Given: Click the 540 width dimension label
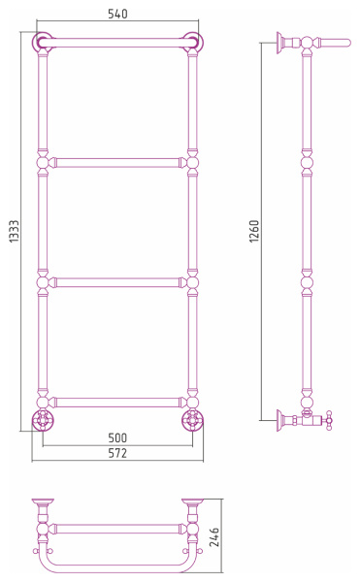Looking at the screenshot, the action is (x=117, y=14).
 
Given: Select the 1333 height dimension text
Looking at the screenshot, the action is (x=14, y=231).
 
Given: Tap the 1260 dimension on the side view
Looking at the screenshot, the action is (x=254, y=231).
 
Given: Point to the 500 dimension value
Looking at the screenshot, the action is (x=117, y=437).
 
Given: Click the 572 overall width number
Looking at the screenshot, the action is (x=117, y=453).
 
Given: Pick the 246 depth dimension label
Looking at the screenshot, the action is (x=214, y=536).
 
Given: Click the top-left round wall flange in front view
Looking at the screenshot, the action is (x=42, y=43).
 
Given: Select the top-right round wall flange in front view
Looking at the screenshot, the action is (x=193, y=43).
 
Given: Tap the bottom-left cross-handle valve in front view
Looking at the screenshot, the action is (x=43, y=420).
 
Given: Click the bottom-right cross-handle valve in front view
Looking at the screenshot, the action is (x=193, y=420).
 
